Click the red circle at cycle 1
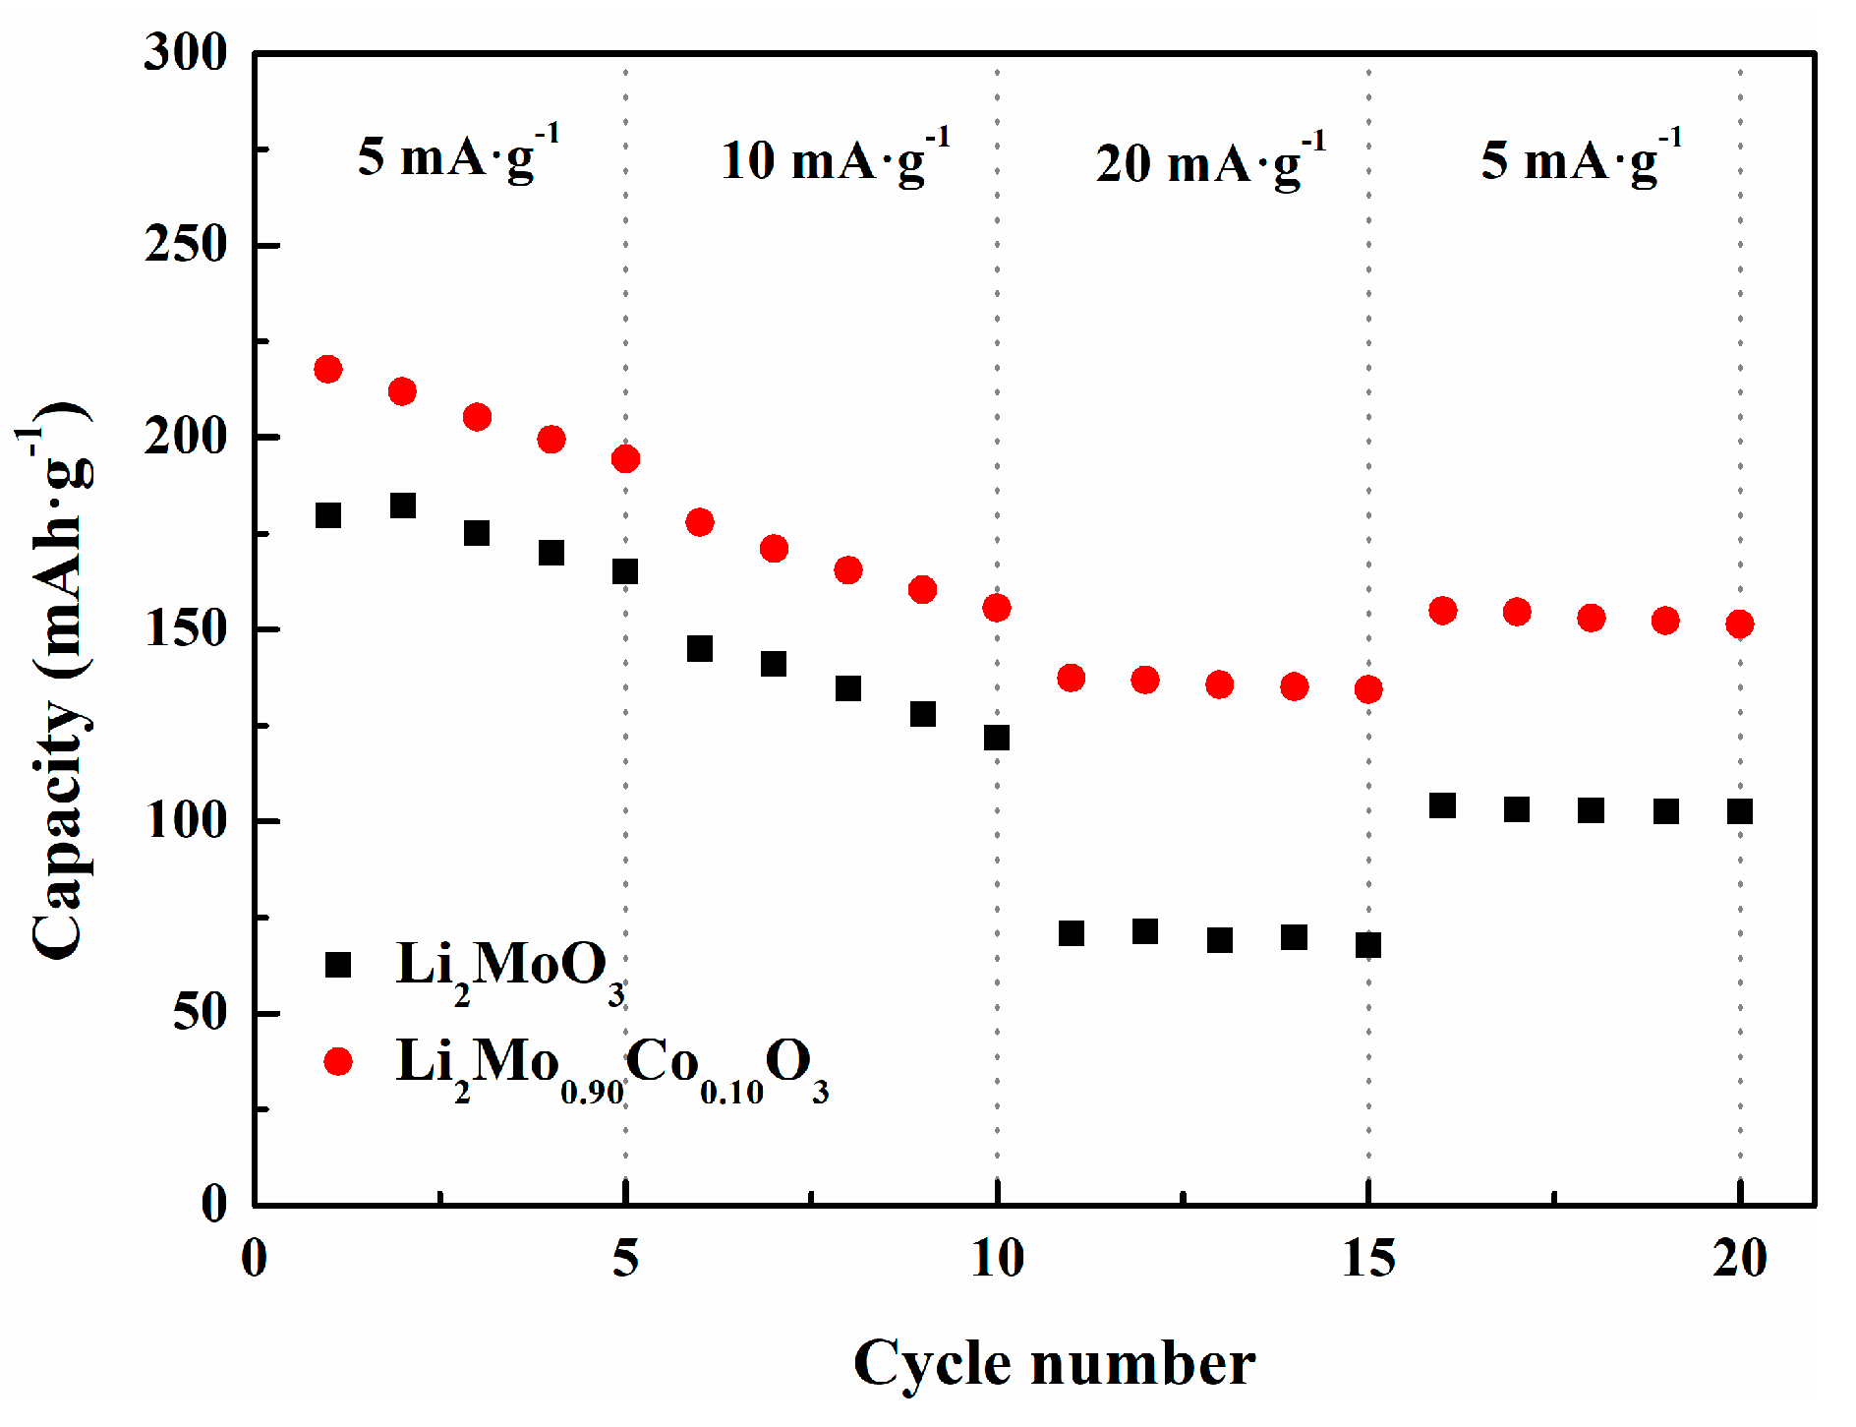(x=328, y=370)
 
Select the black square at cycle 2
(x=403, y=505)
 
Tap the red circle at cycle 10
(x=997, y=608)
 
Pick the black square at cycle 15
(x=1368, y=945)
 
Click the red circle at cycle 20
(x=1740, y=624)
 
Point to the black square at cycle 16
(x=1442, y=805)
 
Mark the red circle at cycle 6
(x=700, y=522)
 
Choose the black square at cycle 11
(x=1072, y=933)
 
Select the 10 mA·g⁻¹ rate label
(x=835, y=158)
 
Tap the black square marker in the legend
(x=338, y=965)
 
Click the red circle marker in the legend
(x=338, y=1061)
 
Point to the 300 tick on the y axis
(x=186, y=53)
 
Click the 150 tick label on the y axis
(x=186, y=629)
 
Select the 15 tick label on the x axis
(x=1368, y=1258)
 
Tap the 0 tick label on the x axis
(x=254, y=1258)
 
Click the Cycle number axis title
(x=1054, y=1364)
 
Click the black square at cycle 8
(x=848, y=688)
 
